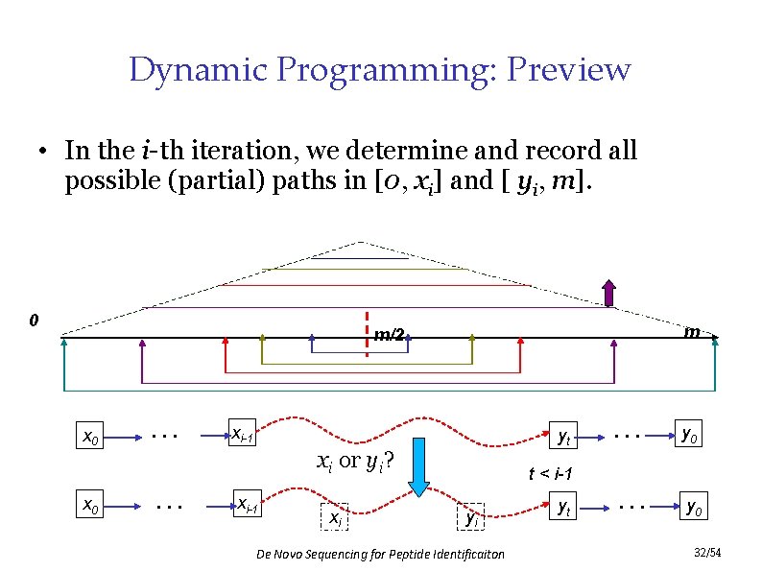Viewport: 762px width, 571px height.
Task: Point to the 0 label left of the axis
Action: [34, 319]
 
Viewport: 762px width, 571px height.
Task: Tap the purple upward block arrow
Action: [607, 294]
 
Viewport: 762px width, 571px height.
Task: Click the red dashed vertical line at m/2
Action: [367, 322]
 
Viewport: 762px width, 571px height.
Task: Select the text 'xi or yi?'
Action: [357, 460]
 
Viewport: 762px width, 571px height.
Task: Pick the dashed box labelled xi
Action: [335, 518]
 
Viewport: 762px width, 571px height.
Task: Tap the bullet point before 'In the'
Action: [44, 153]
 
